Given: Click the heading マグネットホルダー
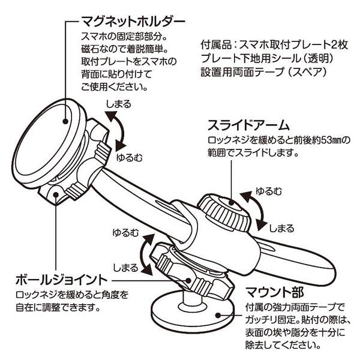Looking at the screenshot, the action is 133,22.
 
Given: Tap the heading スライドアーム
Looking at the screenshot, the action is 248,125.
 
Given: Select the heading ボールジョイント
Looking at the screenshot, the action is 62,280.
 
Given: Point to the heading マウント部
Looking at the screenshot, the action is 275,292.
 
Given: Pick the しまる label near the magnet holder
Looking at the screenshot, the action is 118,104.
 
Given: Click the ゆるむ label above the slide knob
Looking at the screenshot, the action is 269,191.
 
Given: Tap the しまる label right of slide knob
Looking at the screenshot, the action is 281,228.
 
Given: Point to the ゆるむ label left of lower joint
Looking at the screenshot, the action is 125,232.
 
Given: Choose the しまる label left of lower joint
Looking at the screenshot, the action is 125,268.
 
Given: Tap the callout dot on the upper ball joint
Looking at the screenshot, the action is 56,194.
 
